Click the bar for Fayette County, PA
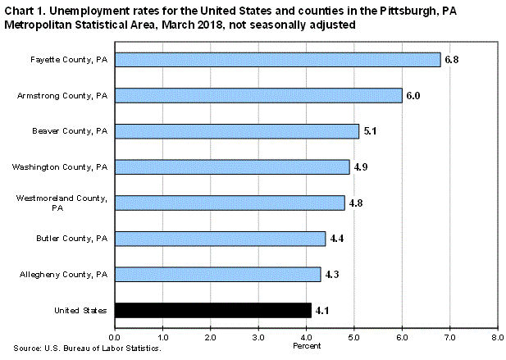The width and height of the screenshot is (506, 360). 277,60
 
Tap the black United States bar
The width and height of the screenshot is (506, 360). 213,310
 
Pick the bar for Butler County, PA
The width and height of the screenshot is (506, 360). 220,238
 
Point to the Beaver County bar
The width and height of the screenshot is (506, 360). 236,131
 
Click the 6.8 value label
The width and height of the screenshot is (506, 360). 453,60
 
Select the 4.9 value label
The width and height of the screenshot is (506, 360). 362,167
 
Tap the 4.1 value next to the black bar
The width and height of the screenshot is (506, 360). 323,310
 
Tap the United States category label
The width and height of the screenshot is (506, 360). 82,310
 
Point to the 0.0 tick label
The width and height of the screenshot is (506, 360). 115,337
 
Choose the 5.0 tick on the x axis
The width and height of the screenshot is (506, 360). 354,337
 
